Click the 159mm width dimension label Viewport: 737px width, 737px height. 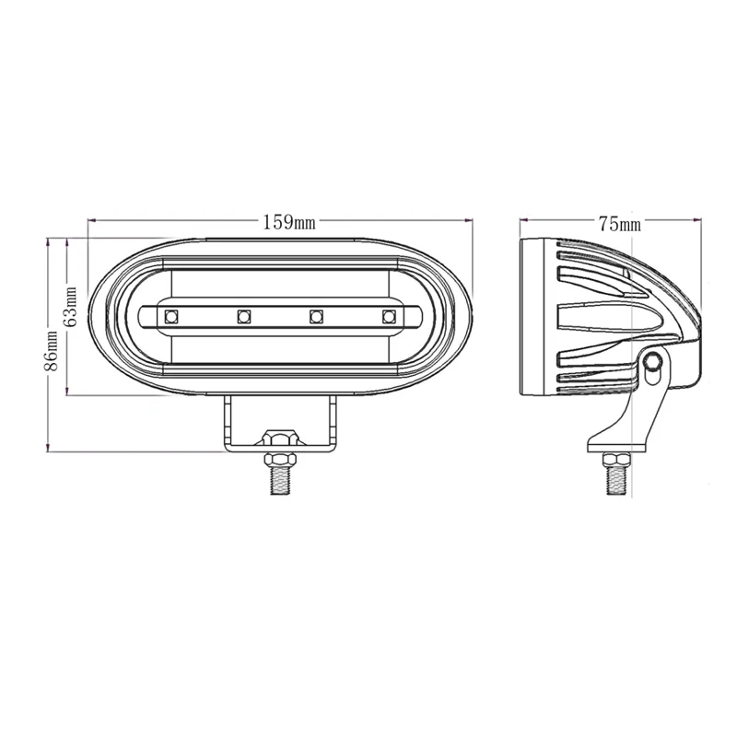tap(289, 222)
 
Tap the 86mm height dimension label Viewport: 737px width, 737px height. tap(53, 351)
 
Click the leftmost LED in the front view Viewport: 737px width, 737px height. tap(170, 317)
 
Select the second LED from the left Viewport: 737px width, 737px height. tap(244, 317)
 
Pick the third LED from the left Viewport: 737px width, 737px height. tap(316, 317)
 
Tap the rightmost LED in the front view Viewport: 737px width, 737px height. tap(389, 317)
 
